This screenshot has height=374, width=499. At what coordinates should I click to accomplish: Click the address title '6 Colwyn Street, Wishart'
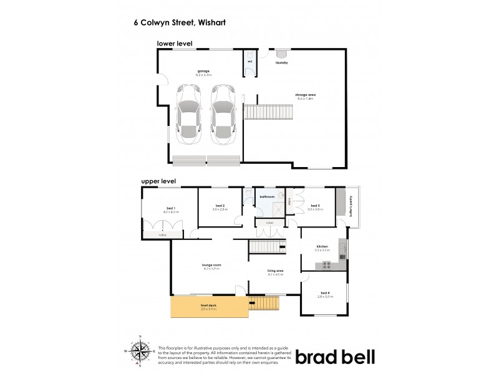tap(180, 22)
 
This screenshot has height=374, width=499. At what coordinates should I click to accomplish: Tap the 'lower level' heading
tap(174, 44)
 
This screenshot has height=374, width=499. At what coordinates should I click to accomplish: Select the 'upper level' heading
tap(158, 181)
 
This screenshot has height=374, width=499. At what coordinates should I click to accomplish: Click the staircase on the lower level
tap(268, 113)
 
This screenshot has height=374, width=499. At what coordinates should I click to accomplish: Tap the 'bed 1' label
tap(170, 208)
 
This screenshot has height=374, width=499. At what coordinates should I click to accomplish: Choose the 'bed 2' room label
tap(220, 206)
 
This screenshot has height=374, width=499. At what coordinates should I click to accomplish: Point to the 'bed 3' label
tap(314, 206)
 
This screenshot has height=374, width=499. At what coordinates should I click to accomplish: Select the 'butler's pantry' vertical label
tap(351, 206)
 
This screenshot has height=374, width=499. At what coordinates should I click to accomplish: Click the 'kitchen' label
tap(322, 247)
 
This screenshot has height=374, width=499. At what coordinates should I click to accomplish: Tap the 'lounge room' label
tap(211, 265)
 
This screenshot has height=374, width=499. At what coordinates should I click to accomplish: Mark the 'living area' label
tap(276, 271)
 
